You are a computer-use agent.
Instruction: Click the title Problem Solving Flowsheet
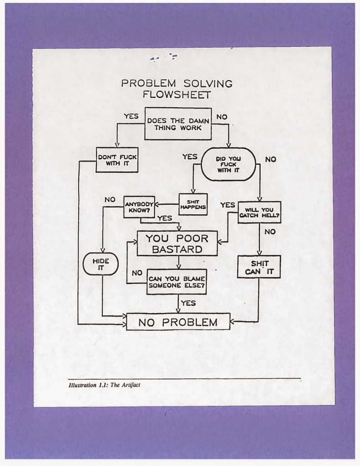pyautogui.click(x=177, y=89)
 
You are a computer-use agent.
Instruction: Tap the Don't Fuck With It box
pyautogui.click(x=117, y=160)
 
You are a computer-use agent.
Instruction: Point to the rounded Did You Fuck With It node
pyautogui.click(x=228, y=164)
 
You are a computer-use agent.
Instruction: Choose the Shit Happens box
pyautogui.click(x=193, y=204)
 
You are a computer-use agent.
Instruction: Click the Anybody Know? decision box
pyautogui.click(x=140, y=208)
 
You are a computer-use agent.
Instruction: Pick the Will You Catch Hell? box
pyautogui.click(x=259, y=212)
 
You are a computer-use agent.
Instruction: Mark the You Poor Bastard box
pyautogui.click(x=177, y=243)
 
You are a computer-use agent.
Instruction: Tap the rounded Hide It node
pyautogui.click(x=101, y=264)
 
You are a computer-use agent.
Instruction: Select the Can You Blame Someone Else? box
pyautogui.click(x=177, y=282)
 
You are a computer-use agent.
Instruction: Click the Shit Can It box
pyautogui.click(x=259, y=267)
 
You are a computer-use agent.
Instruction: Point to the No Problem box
pyautogui.click(x=177, y=323)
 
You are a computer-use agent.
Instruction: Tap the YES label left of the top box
pyautogui.click(x=131, y=116)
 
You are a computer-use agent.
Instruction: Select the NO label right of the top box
pyautogui.click(x=222, y=117)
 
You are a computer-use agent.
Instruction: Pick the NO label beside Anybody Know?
pyautogui.click(x=110, y=199)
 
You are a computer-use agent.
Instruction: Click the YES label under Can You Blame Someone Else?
pyautogui.click(x=188, y=303)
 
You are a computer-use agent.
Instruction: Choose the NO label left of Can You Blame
pyautogui.click(x=137, y=273)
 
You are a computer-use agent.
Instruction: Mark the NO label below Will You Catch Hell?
pyautogui.click(x=269, y=232)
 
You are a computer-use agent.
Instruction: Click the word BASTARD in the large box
pyautogui.click(x=177, y=249)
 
